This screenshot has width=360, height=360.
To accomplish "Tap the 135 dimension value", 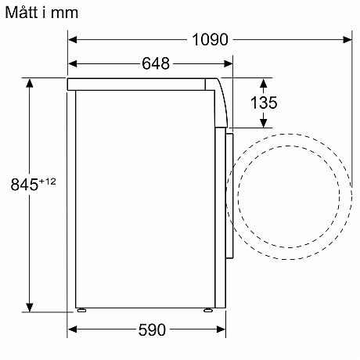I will pyautogui.click(x=264, y=102).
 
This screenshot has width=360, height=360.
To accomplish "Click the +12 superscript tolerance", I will pyautogui.click(x=49, y=182).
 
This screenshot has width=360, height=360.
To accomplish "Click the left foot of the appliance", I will pyautogui.click(x=80, y=310).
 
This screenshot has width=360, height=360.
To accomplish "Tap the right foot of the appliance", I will pyautogui.click(x=207, y=310).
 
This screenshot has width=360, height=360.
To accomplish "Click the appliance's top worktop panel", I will pyautogui.click(x=137, y=84).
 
